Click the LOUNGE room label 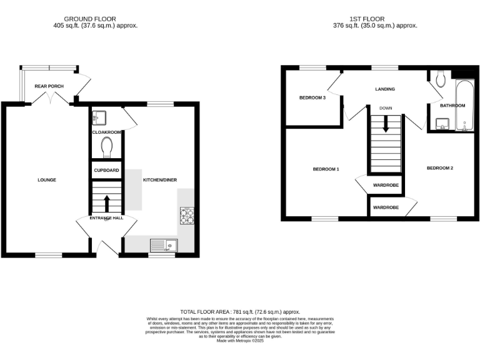pyautogui.click(x=47, y=180)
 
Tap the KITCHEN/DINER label pyautogui.click(x=161, y=180)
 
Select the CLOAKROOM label pyautogui.click(x=106, y=132)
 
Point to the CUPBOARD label pyautogui.click(x=106, y=170)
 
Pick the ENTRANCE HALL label pyautogui.click(x=106, y=217)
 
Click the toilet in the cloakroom pyautogui.click(x=106, y=147)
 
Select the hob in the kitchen pyautogui.click(x=187, y=216)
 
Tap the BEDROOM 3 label pyautogui.click(x=312, y=97)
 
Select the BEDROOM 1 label pyautogui.click(x=326, y=169)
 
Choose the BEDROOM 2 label pyautogui.click(x=440, y=168)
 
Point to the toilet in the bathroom pyautogui.click(x=441, y=79)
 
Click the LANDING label pyautogui.click(x=385, y=89)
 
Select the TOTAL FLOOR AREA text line pyautogui.click(x=240, y=311)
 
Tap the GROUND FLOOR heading pyautogui.click(x=96, y=19)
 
